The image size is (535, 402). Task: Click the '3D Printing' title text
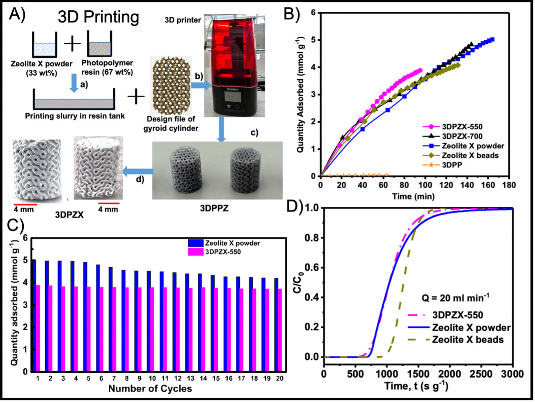click(x=98, y=18)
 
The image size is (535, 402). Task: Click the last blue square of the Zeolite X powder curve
click(x=492, y=40)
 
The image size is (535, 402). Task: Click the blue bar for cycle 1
click(x=34, y=315)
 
